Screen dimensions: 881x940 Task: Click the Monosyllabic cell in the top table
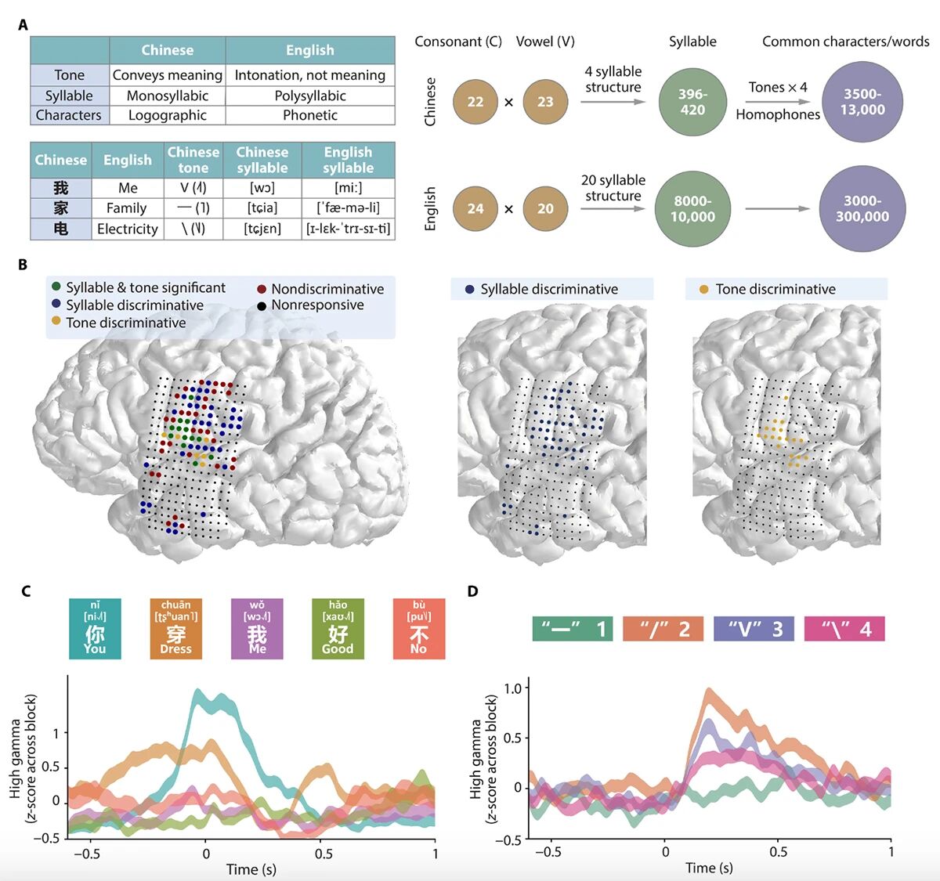tap(167, 96)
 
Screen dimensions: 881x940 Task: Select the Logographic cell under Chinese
tap(167, 115)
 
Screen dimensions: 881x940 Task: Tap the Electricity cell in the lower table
tap(127, 229)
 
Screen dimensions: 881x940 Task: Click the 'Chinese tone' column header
tap(193, 160)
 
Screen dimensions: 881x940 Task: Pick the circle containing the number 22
tap(475, 102)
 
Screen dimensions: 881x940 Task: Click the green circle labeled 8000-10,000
tap(692, 208)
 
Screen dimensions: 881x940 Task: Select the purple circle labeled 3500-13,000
tap(862, 102)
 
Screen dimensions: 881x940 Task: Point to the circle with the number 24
tap(475, 208)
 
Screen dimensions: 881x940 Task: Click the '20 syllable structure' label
tap(613, 188)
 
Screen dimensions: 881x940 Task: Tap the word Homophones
tap(778, 114)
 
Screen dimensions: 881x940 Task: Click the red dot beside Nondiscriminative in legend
tap(262, 289)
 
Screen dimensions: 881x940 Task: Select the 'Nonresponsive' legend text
tap(317, 305)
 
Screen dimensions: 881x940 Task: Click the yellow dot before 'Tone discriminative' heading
tap(703, 289)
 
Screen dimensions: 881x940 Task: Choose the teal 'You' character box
tap(95, 628)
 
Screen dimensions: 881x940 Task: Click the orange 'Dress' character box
tap(175, 628)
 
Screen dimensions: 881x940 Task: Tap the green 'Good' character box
tap(338, 628)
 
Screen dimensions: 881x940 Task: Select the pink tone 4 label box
tap(844, 629)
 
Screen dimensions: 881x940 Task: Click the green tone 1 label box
tap(572, 629)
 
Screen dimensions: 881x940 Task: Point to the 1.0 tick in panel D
tap(513, 688)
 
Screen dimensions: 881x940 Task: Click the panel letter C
tap(26, 591)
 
